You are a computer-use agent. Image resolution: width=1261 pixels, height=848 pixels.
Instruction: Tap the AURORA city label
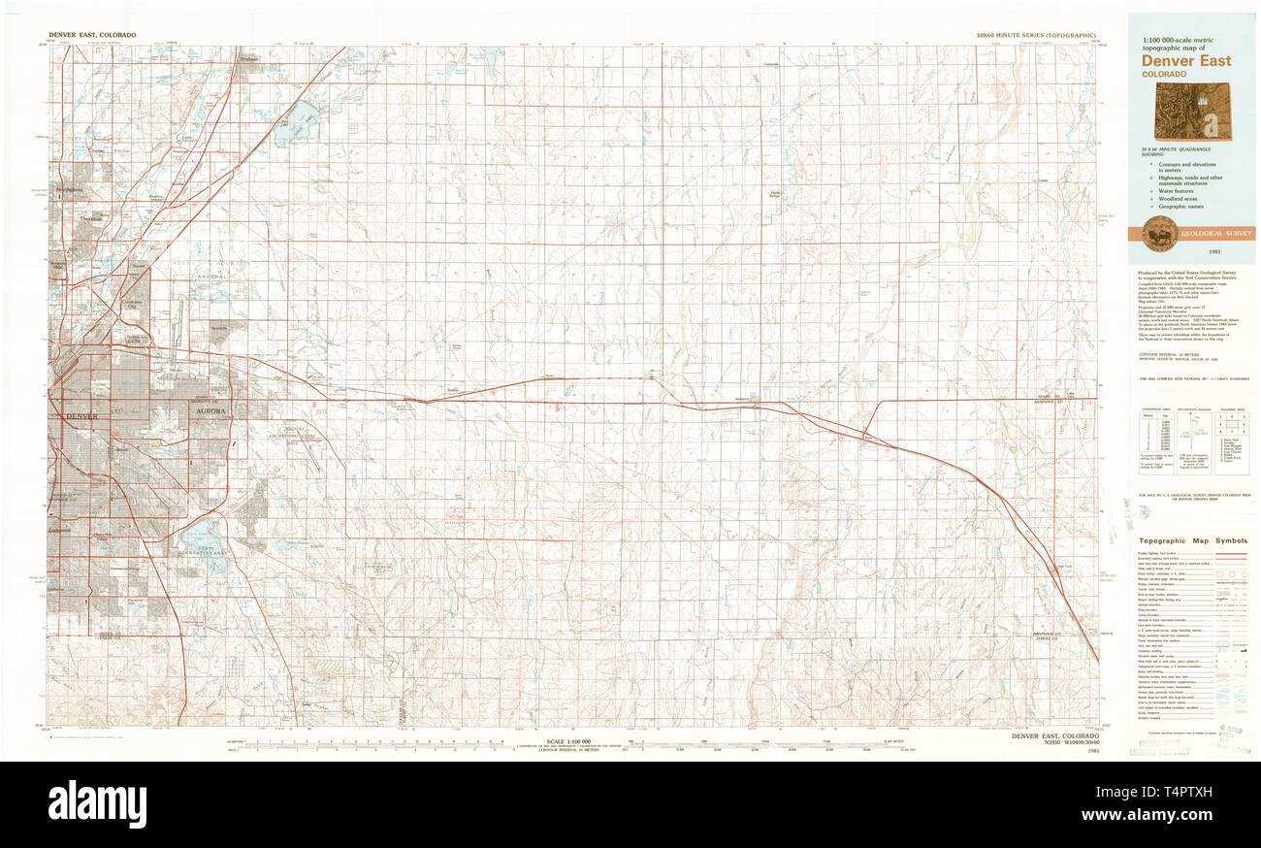point(209,411)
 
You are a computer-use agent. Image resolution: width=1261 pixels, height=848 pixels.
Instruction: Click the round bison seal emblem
point(1158,234)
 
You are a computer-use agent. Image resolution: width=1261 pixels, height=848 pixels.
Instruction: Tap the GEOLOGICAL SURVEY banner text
point(1216,234)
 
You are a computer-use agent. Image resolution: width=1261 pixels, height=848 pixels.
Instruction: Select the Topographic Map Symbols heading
point(1192,540)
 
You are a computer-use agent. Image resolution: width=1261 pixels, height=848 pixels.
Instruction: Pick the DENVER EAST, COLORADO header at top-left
point(92,35)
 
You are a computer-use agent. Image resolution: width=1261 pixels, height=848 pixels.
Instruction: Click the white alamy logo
point(97,804)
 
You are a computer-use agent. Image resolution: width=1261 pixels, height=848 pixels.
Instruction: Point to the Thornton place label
point(91,219)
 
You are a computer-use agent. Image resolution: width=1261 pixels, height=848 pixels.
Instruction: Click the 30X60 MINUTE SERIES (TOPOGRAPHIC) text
point(1037,35)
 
